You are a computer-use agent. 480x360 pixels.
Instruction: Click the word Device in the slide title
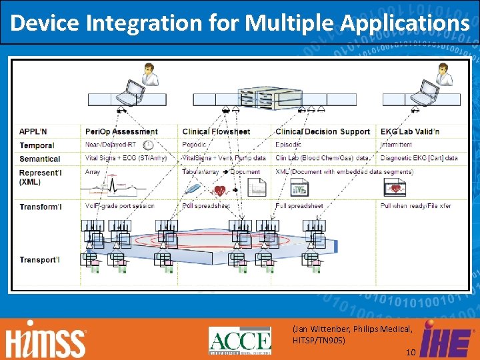43,23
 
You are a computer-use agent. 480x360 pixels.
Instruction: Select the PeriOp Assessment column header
121,131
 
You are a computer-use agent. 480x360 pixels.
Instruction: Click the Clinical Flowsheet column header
216,131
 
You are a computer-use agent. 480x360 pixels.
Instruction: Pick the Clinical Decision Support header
322,131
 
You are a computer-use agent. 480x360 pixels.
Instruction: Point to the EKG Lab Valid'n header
409,131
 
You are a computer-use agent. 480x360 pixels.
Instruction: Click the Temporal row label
37,145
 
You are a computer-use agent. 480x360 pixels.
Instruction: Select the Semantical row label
40,159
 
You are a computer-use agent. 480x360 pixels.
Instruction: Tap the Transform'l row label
41,207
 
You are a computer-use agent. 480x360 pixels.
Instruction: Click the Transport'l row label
39,259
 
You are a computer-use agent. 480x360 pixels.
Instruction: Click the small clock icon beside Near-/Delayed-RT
148,145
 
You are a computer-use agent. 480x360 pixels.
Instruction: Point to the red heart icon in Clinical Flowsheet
219,191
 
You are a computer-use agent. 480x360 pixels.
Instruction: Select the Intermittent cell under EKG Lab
396,145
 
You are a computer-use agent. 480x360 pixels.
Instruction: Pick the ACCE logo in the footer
240,340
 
